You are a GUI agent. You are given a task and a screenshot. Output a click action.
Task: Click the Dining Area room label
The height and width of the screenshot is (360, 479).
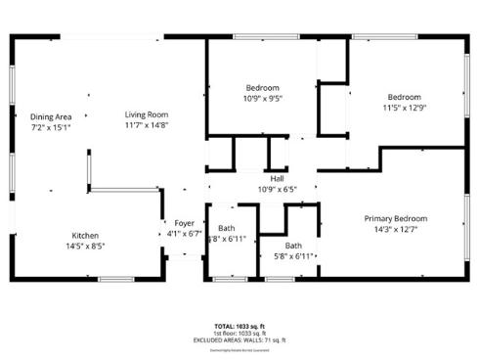coord(51,116)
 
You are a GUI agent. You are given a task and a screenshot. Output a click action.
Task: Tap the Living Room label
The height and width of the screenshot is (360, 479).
coord(147,114)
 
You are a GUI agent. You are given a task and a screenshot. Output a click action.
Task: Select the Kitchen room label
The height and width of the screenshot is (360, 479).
coord(85,235)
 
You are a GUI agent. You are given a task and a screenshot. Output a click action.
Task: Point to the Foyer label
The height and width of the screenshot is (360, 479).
coord(184,223)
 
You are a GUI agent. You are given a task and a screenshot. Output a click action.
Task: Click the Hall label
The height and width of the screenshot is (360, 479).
coord(277,178)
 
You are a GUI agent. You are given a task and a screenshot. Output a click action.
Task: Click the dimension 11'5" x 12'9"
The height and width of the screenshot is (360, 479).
coord(404,108)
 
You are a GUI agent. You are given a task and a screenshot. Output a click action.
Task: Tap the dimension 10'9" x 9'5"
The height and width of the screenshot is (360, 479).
coord(262,98)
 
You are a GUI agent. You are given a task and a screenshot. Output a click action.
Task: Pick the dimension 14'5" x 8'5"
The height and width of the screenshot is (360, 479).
coord(85,246)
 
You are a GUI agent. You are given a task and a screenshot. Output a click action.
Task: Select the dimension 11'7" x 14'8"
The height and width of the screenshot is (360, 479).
coord(147,125)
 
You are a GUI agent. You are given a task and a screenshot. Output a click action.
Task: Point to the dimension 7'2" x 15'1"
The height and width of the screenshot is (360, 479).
coord(51,127)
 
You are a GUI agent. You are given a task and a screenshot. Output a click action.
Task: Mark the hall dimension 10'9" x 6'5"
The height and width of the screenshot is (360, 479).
coord(277,189)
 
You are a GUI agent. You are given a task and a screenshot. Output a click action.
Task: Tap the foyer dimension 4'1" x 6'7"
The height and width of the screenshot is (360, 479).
coord(184,234)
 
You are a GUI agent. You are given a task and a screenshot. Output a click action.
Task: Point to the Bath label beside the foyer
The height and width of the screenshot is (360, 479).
coord(227,229)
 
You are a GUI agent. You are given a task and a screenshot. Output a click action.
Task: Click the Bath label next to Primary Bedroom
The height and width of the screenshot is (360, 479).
coord(293,246)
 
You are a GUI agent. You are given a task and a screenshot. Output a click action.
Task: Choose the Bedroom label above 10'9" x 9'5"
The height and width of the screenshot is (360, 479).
coord(262,87)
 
